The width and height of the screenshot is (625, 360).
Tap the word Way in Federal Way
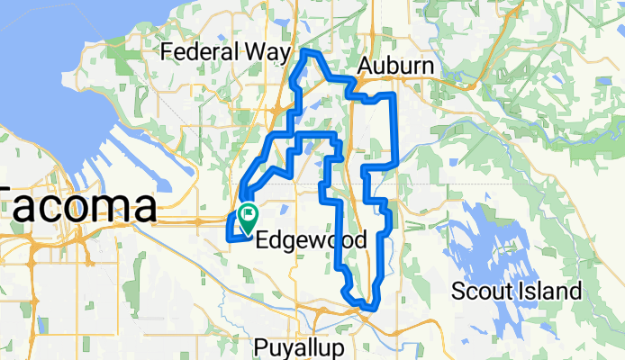(267, 52)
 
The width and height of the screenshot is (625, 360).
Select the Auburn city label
(395, 67)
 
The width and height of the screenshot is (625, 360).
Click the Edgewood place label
(311, 241)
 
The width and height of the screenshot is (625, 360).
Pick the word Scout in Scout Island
(483, 292)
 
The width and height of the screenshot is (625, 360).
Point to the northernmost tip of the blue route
(308, 53)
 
